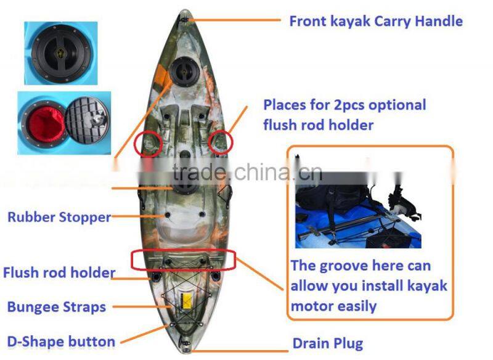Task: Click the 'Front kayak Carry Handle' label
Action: tap(375, 21)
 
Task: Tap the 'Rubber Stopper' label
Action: tap(59, 217)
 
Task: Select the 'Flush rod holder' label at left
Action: tap(59, 272)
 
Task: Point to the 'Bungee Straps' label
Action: tap(56, 306)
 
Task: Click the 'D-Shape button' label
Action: tap(60, 342)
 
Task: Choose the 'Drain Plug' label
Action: tap(327, 343)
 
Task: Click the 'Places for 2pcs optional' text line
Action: tap(344, 105)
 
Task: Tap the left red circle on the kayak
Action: tap(148, 143)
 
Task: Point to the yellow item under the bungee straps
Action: tap(186, 301)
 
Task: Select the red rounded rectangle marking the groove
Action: tap(184, 260)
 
